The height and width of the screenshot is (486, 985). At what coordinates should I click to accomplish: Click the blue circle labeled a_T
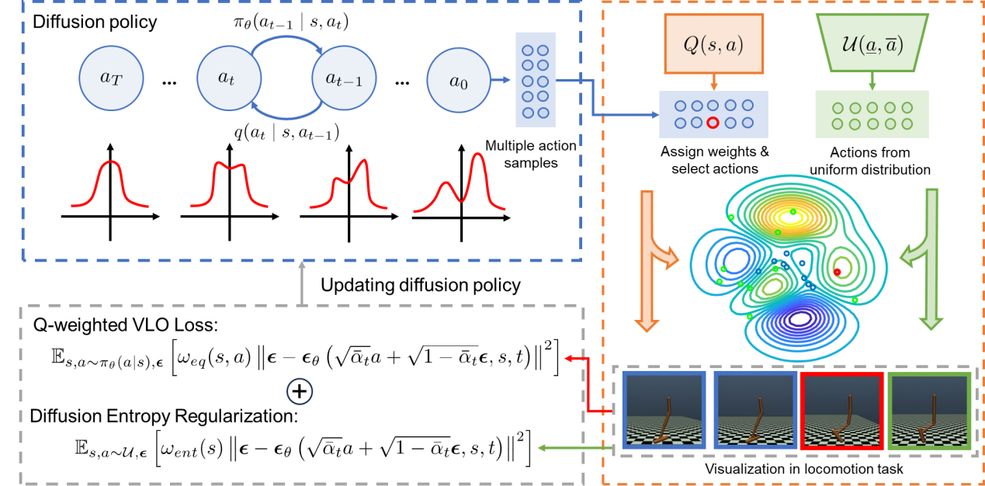[x=111, y=78]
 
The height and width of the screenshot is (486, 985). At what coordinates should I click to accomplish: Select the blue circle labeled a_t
[x=229, y=78]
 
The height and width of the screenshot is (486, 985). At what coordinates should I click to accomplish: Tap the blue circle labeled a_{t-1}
[x=343, y=78]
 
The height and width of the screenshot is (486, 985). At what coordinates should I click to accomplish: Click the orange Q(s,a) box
[x=713, y=46]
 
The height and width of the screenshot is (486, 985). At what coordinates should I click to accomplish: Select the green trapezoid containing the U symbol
[x=872, y=44]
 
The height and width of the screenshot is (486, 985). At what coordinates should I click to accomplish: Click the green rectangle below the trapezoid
[x=872, y=114]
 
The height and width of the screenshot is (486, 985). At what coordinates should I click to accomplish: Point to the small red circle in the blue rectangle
[x=713, y=123]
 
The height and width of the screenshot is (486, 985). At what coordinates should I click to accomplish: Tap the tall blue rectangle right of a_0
[x=536, y=79]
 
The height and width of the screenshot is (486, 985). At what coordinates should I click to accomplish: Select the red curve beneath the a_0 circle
[x=460, y=186]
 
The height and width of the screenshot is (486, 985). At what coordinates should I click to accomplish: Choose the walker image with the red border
[x=842, y=411]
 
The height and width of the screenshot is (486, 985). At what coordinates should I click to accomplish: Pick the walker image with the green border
[x=930, y=411]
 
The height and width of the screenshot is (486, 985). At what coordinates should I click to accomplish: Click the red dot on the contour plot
[x=837, y=272]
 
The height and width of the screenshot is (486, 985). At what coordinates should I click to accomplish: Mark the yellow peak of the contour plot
[x=789, y=218]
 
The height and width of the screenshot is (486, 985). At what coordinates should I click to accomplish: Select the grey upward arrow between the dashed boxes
[x=302, y=282]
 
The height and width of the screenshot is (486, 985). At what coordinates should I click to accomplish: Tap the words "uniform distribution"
[x=870, y=169]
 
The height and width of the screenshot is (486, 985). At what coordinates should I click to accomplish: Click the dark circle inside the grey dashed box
[x=300, y=391]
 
